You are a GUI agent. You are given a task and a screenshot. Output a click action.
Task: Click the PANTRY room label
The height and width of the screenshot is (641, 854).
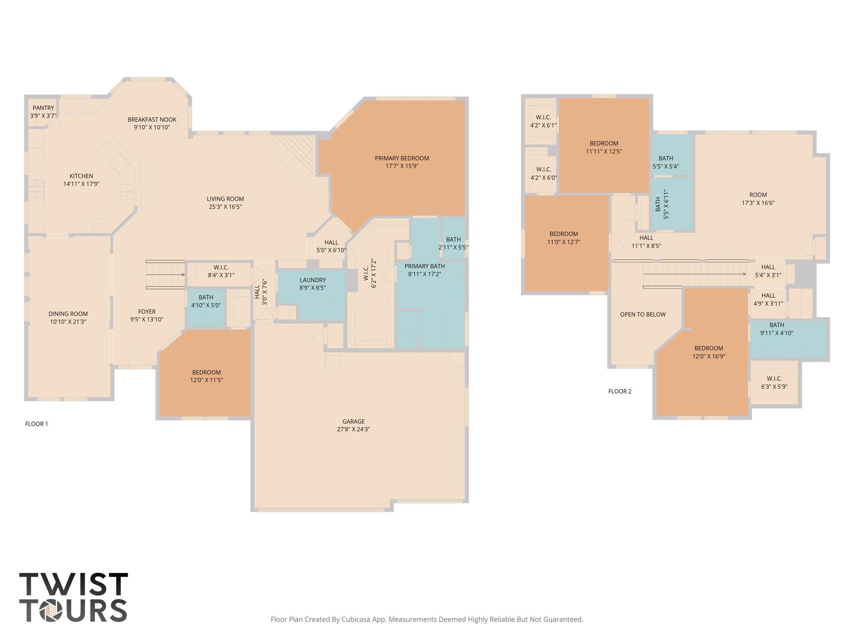43,108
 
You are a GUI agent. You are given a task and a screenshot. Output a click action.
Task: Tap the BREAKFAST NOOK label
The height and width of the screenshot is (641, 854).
152,120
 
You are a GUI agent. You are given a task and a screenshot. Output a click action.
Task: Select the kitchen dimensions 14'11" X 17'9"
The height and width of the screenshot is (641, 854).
81,184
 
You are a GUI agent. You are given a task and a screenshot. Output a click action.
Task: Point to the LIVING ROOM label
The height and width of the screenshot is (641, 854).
225,199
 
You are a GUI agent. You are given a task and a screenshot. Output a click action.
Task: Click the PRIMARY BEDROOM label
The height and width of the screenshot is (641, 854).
402,158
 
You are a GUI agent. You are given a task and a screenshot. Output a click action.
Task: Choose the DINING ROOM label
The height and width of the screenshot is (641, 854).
68,314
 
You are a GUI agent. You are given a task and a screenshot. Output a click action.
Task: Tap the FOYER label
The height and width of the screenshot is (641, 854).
147,312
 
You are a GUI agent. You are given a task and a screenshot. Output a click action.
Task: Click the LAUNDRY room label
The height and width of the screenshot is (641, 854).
313,280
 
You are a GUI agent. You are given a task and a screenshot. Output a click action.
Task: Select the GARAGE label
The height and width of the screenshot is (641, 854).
354,421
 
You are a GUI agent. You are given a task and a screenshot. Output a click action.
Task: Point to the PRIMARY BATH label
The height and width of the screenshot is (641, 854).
424,266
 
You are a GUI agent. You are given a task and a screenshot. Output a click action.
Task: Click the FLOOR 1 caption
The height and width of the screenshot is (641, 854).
37,424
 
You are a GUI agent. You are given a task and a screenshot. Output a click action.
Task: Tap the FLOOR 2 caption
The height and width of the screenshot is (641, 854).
620,391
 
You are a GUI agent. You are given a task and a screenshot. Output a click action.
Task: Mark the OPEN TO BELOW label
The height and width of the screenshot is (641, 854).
643,315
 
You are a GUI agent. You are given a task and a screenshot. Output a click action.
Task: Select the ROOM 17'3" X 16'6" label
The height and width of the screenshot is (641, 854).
758,199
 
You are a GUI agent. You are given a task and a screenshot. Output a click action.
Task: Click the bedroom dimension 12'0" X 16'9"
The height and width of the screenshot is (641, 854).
709,356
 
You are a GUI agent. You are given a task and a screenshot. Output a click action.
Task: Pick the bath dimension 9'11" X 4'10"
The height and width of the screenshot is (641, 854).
776,333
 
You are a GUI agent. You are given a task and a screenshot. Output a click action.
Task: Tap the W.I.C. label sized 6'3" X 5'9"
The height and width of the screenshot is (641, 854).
774,383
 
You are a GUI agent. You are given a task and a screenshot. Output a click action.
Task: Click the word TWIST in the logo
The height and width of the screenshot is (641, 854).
73,584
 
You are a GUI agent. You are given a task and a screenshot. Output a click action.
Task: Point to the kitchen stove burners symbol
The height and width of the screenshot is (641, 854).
36,189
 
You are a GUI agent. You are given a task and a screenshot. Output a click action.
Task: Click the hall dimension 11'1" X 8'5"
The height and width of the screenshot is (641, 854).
646,246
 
